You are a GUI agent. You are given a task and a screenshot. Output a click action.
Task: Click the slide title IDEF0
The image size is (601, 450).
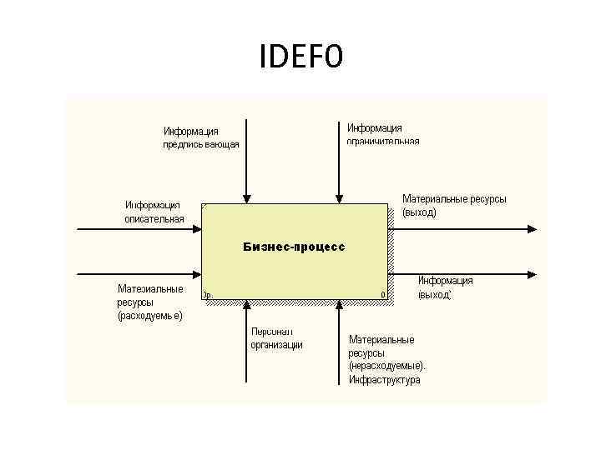[x=300, y=57]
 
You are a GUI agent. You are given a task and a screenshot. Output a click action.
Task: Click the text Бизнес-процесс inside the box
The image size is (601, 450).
[x=294, y=247]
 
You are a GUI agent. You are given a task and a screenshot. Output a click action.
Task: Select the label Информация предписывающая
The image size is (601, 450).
[x=200, y=137]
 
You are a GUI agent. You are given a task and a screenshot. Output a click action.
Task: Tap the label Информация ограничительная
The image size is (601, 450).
[x=383, y=134]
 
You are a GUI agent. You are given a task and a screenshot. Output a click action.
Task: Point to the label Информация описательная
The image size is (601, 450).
[x=154, y=212]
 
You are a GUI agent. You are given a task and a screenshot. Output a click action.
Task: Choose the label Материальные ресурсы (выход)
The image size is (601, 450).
[x=454, y=206]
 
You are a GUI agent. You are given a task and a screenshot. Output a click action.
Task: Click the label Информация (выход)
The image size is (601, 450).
[x=446, y=287]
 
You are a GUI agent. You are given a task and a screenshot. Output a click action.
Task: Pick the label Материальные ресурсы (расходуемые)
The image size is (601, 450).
[x=150, y=302]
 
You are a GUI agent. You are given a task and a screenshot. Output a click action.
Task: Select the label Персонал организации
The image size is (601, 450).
[x=276, y=338]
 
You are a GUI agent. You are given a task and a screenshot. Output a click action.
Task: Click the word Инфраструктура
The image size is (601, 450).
[x=385, y=380]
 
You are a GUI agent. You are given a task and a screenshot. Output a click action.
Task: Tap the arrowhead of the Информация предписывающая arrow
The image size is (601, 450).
[x=245, y=199]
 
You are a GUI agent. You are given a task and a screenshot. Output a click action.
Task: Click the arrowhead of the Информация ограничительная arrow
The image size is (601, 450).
[x=338, y=199]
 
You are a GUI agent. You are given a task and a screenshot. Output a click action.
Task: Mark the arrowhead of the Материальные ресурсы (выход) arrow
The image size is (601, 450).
[x=532, y=227]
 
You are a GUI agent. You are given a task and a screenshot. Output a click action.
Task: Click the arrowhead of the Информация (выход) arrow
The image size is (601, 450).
[x=532, y=273]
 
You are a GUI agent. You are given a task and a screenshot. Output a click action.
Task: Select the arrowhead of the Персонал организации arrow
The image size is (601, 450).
[x=245, y=306]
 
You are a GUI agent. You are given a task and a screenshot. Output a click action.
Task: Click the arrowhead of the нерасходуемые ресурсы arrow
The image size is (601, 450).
[x=338, y=306]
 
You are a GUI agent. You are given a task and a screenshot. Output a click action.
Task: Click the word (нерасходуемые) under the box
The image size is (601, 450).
[x=387, y=367]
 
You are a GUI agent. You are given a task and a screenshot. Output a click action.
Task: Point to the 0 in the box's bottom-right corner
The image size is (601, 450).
[x=382, y=294]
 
